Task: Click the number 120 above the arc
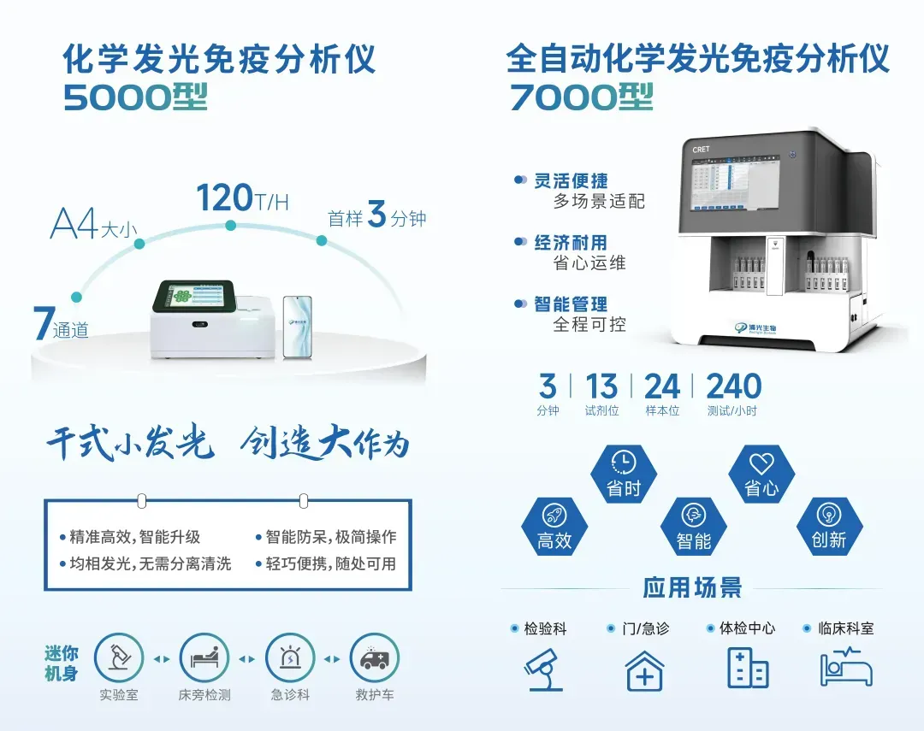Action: point(224,197)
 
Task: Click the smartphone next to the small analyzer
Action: point(297,327)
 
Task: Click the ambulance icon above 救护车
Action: point(375,658)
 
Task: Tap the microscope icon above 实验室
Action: point(118,658)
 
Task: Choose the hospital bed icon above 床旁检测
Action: point(204,658)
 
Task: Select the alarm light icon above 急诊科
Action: point(289,658)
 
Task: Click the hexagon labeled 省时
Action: point(624,475)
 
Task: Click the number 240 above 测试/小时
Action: point(733,386)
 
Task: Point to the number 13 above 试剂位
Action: point(601,386)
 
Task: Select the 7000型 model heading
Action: point(581,97)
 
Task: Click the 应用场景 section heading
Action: point(692,588)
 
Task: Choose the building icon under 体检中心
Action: point(747,668)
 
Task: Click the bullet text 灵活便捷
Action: point(571,180)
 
